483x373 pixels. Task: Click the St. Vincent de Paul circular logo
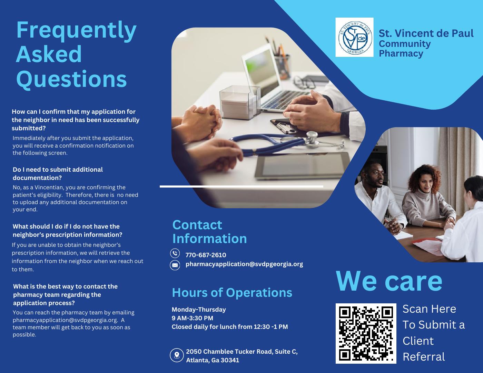point(355,37)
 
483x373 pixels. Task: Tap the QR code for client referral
point(366,333)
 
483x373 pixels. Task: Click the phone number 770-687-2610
point(206,255)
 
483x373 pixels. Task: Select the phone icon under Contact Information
point(175,253)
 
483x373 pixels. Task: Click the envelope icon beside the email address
point(175,265)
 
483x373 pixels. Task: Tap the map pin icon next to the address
point(177,355)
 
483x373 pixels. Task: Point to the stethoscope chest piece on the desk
point(312,139)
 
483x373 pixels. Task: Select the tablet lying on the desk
point(302,165)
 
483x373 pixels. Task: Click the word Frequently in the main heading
point(76,30)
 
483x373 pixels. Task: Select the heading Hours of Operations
point(232,293)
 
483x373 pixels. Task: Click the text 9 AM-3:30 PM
point(192,318)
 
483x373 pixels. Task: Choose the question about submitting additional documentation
point(58,174)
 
